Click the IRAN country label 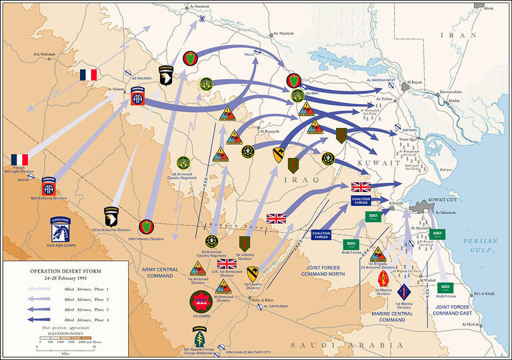coord(462,35)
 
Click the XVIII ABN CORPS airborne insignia coord(65,231)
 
